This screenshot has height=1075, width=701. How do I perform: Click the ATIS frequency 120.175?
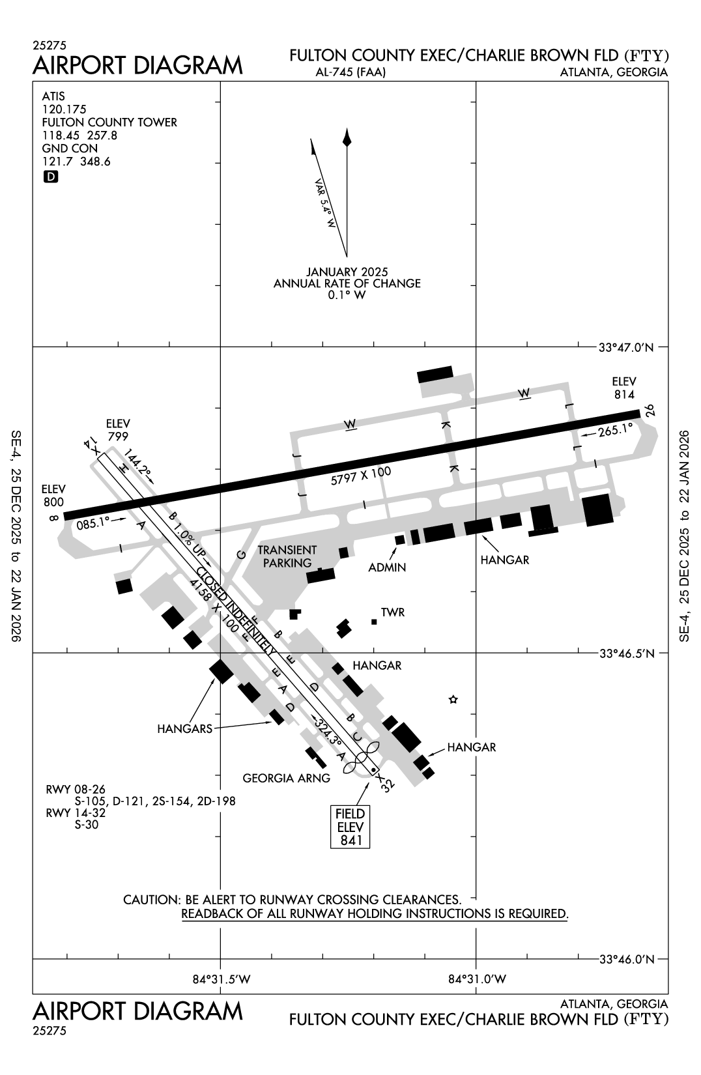(x=64, y=109)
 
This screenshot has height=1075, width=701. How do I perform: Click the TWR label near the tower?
(x=393, y=612)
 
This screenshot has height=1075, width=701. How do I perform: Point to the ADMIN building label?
(x=387, y=567)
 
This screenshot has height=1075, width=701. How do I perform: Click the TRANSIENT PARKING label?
(x=287, y=556)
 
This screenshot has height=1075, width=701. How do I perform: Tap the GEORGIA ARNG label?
(x=286, y=778)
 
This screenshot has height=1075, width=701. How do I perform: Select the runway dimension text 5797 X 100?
(x=360, y=476)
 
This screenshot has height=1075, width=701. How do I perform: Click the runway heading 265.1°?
(x=616, y=430)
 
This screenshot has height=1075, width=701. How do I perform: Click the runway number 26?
(x=649, y=410)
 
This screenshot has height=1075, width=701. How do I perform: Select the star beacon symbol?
(x=453, y=700)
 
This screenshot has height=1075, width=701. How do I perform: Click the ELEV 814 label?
(x=623, y=388)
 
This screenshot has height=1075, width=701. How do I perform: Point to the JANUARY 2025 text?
(x=347, y=272)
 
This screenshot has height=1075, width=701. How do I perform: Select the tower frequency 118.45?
(x=57, y=136)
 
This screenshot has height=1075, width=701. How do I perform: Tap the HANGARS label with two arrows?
(x=184, y=729)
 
